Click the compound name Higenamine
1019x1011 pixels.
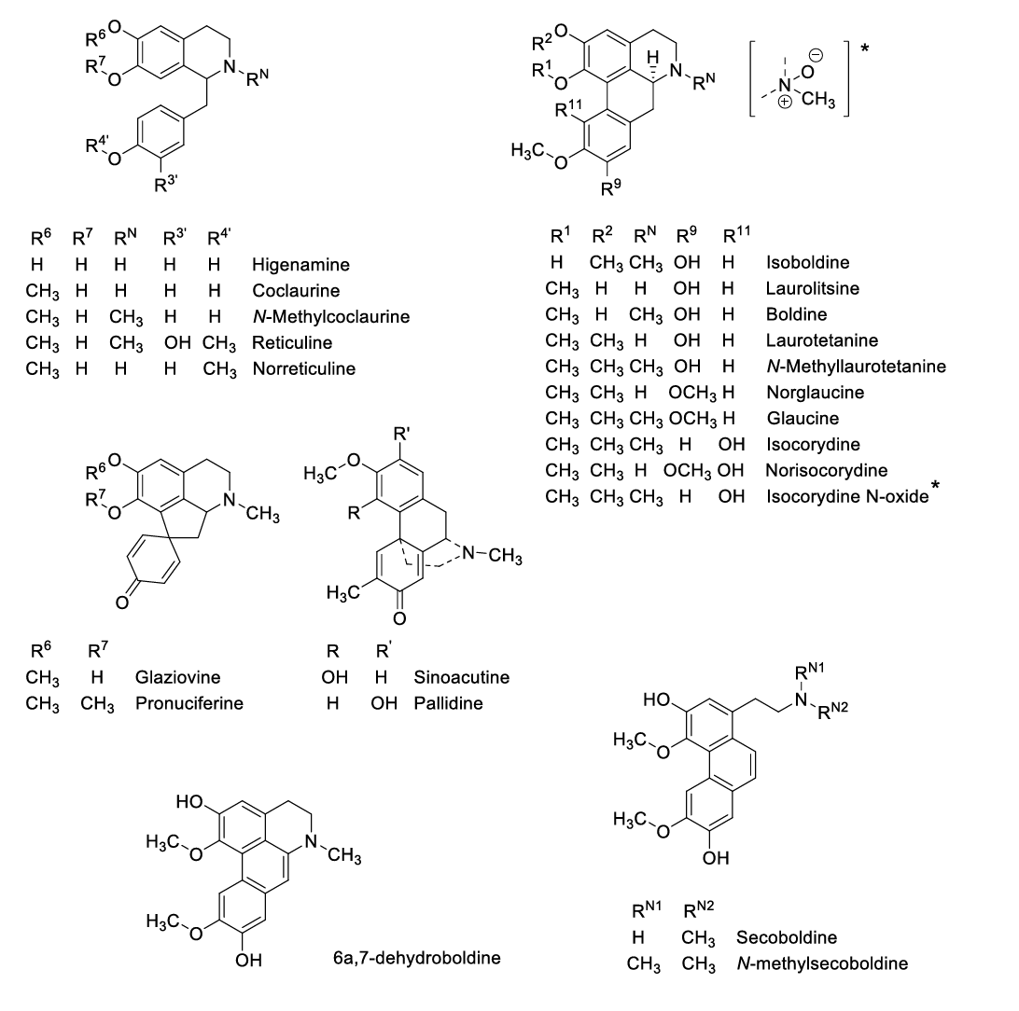(x=300, y=265)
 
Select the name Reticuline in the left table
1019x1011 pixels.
(x=292, y=343)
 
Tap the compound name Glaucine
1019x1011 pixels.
(x=803, y=418)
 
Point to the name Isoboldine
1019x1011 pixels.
(x=808, y=262)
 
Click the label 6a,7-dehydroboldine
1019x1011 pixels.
(x=416, y=958)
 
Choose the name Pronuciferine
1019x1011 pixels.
(x=189, y=703)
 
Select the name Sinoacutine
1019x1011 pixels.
(x=461, y=677)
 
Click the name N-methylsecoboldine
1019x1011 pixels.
(x=822, y=963)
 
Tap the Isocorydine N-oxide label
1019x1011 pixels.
(x=847, y=496)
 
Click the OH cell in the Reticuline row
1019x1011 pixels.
(x=176, y=343)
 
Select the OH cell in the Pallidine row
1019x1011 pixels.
(x=384, y=703)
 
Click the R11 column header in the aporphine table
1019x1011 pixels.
(x=736, y=234)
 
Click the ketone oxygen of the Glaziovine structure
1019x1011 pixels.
(x=122, y=602)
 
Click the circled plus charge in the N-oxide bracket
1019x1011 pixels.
(x=785, y=102)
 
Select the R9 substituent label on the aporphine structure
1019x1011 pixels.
(x=611, y=188)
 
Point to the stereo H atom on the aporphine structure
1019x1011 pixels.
(x=653, y=58)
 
